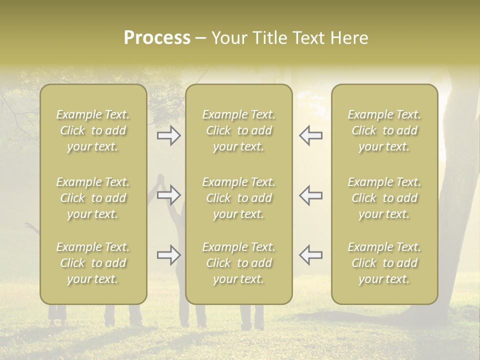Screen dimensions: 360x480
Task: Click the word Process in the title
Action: pyautogui.click(x=157, y=38)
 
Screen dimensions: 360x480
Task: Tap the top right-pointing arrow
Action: pyautogui.click(x=168, y=135)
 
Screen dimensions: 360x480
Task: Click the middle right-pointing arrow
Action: pyautogui.click(x=168, y=194)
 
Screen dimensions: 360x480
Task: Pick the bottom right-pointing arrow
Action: pyautogui.click(x=168, y=255)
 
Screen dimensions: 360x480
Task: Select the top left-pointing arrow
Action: pyautogui.click(x=310, y=135)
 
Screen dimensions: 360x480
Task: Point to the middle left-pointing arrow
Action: pyautogui.click(x=310, y=194)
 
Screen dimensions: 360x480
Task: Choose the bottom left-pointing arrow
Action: pyautogui.click(x=310, y=255)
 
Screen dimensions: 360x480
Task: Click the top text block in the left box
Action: pyautogui.click(x=93, y=130)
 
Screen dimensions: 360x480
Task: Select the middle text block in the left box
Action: pyautogui.click(x=93, y=198)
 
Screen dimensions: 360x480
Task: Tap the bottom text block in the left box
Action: pyautogui.click(x=93, y=263)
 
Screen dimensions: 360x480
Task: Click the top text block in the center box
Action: pyautogui.click(x=238, y=130)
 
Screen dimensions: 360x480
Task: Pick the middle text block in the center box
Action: pyautogui.click(x=238, y=198)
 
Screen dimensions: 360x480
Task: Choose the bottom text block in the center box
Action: pyautogui.click(x=238, y=263)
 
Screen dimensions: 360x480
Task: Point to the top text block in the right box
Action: pyautogui.click(x=384, y=130)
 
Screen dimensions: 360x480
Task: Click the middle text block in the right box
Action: pyautogui.click(x=384, y=198)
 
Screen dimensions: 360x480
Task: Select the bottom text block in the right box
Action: pyautogui.click(x=384, y=263)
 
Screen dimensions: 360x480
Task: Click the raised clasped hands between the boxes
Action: pyautogui.click(x=161, y=180)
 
